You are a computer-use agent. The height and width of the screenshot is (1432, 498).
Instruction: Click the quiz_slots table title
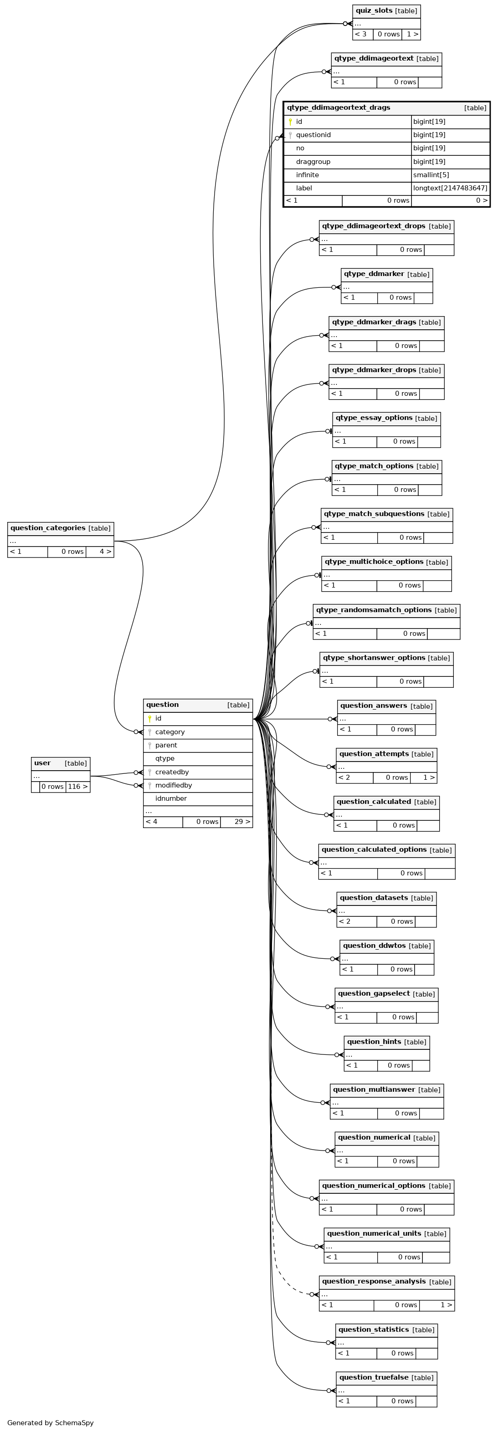click(374, 10)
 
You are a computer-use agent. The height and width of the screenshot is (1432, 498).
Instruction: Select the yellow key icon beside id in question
click(149, 719)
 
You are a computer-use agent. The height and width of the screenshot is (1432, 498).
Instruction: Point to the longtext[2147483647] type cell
click(450, 189)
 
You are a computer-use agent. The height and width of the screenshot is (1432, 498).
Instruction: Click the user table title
click(42, 763)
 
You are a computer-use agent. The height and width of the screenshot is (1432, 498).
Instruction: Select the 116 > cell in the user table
click(77, 787)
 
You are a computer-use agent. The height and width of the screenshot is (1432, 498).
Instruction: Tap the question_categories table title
click(48, 528)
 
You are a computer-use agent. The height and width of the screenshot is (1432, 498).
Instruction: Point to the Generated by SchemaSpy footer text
click(51, 1423)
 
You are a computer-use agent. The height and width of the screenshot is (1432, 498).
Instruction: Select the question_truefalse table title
click(374, 1377)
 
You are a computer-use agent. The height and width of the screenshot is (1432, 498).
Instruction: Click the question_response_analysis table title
click(374, 1281)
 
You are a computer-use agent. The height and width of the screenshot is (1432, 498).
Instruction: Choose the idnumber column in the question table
click(171, 799)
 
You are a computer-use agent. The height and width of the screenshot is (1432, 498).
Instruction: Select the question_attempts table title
click(374, 754)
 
